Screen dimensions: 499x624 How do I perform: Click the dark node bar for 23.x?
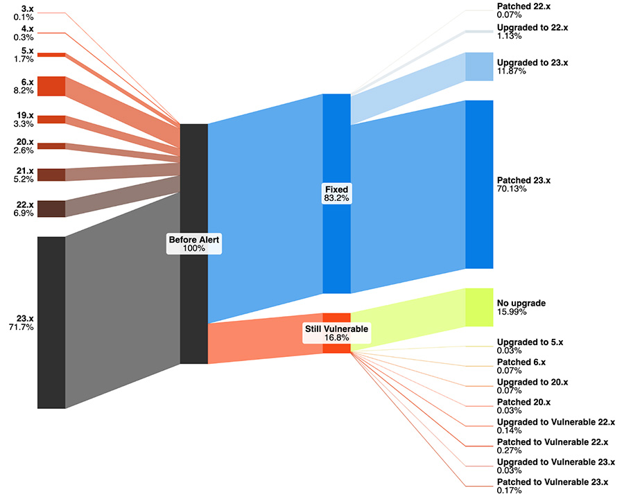(x=51, y=322)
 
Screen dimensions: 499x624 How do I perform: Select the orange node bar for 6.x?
(x=51, y=86)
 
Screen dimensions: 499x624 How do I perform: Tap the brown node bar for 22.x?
(x=51, y=209)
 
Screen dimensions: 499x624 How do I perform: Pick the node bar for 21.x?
(x=51, y=175)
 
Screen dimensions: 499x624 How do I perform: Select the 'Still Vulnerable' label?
(x=336, y=329)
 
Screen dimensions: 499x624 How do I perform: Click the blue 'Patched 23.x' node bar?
(x=479, y=184)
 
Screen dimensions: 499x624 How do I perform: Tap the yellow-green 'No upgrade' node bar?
(x=479, y=307)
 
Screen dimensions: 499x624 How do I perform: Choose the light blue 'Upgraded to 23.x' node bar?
(x=479, y=67)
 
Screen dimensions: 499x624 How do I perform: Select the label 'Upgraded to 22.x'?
(x=532, y=27)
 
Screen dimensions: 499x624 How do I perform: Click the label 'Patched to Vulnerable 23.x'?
(x=553, y=482)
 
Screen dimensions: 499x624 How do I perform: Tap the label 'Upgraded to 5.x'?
(x=530, y=342)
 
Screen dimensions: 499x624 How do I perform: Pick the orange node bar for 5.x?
(x=51, y=54)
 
